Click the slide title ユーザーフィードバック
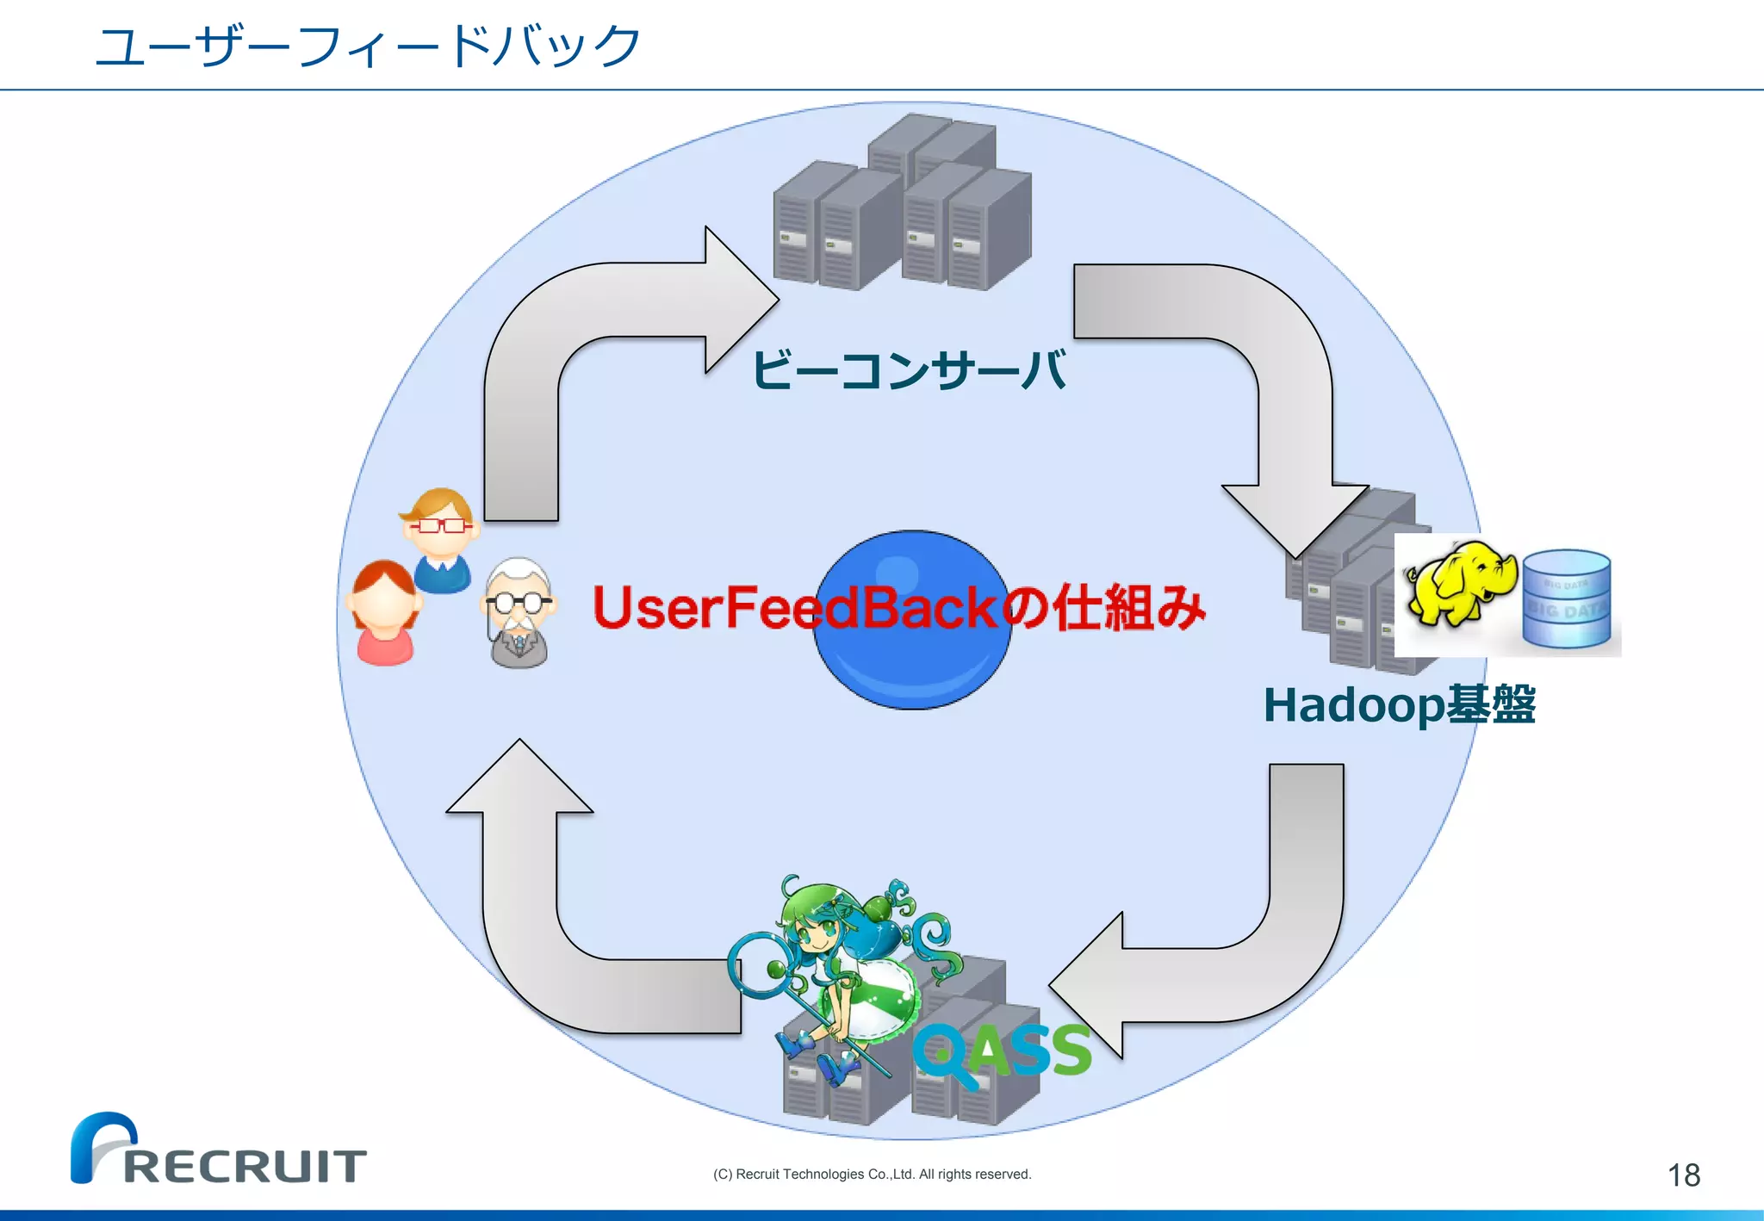(x=368, y=46)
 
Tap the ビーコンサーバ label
(x=910, y=370)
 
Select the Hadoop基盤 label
(x=1399, y=704)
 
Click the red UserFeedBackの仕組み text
(x=898, y=607)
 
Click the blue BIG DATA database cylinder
(x=1566, y=599)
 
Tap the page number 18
(x=1683, y=1175)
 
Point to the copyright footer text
(x=872, y=1175)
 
